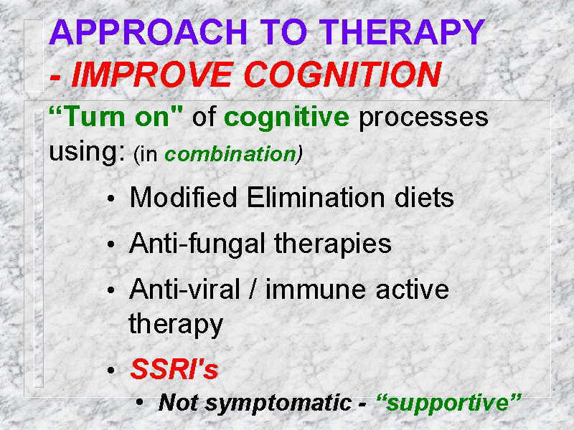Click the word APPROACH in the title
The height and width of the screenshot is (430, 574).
coord(149,32)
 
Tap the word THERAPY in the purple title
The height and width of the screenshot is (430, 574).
coord(402,32)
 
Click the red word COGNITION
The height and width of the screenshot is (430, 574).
coord(342,75)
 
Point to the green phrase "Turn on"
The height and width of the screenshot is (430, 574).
coord(116,117)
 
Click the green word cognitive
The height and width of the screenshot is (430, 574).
coord(286,118)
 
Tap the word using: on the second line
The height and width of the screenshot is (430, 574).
coord(87,153)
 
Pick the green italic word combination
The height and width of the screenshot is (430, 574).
coord(230,154)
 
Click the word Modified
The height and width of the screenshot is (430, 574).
coord(184,197)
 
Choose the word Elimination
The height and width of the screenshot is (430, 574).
coord(316,197)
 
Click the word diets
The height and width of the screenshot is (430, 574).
coord(424,197)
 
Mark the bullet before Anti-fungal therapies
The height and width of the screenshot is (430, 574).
coord(111,244)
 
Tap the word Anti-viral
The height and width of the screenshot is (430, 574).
coord(184,289)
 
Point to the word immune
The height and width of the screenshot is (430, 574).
coord(315,289)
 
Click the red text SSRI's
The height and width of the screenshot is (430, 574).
coord(174,368)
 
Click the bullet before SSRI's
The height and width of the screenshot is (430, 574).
coord(111,371)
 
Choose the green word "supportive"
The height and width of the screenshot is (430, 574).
coord(448,403)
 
